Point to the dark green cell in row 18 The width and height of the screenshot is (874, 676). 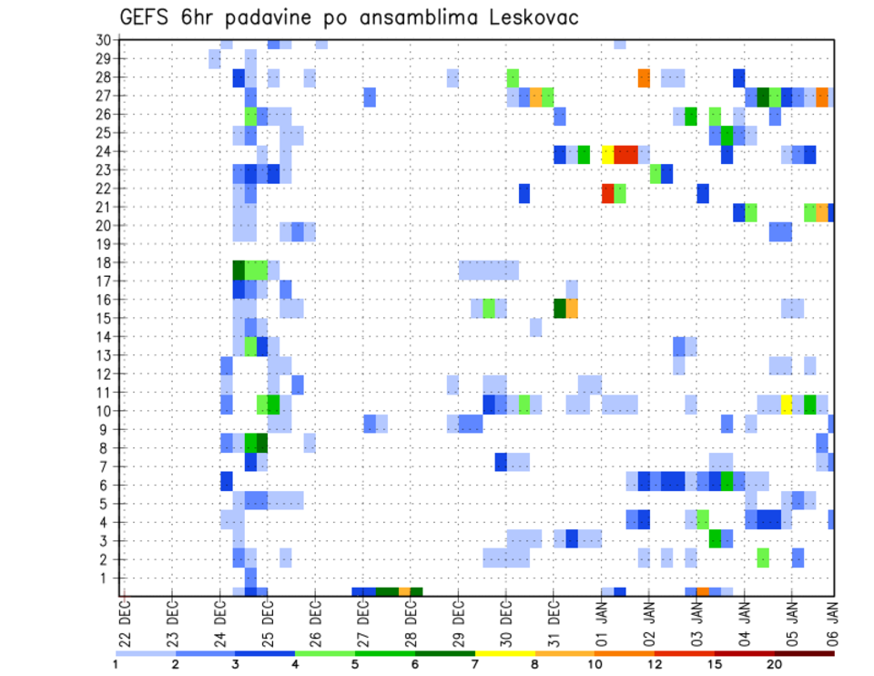point(239,270)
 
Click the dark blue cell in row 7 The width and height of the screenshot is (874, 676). point(501,462)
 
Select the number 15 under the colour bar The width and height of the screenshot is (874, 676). point(715,664)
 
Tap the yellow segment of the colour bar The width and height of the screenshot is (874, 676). point(504,653)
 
